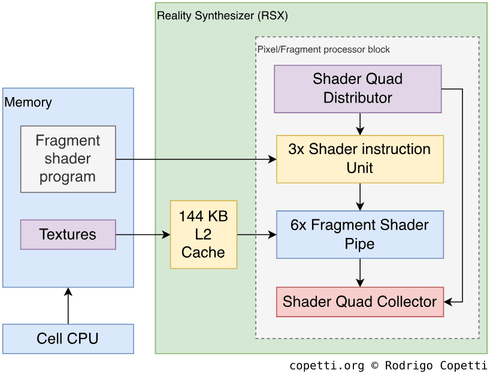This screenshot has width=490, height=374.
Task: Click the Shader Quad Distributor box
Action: point(358,89)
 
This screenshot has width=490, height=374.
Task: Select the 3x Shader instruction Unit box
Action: point(359,159)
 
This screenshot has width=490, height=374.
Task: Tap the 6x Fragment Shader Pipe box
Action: point(359,234)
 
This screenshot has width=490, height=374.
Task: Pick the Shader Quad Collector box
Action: point(359,301)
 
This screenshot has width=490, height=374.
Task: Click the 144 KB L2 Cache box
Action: point(203,234)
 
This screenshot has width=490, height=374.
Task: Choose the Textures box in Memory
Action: point(68,234)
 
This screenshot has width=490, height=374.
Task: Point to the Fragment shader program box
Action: point(68,159)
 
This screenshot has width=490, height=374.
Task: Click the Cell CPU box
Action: point(68,339)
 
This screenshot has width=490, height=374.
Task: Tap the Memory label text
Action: point(28,102)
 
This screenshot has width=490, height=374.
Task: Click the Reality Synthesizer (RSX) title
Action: point(222,16)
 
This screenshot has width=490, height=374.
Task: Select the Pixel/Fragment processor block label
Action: point(323,49)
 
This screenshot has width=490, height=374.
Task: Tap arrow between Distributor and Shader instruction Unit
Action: point(360,124)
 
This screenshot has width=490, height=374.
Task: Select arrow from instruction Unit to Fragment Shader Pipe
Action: point(360,197)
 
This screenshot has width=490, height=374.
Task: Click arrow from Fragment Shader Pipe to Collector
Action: point(360,273)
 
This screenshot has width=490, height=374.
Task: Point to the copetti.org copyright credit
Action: point(388,366)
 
